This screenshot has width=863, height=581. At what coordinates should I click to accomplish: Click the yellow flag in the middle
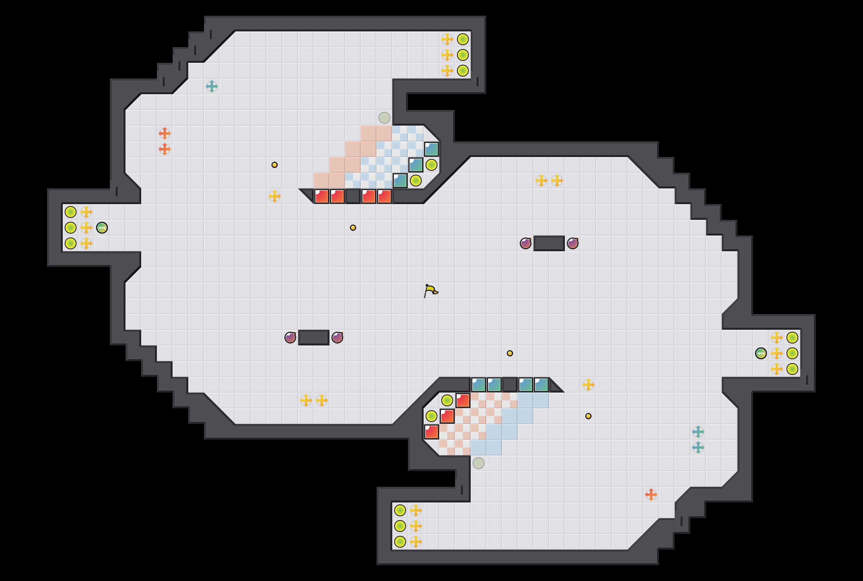coord(431,291)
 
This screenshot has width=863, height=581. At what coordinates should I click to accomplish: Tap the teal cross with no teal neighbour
coord(212,86)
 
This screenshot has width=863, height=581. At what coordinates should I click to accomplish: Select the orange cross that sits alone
coord(651,495)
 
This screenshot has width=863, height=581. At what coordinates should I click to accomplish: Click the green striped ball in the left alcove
coord(102,228)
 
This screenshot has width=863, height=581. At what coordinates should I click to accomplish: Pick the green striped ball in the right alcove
coord(761,353)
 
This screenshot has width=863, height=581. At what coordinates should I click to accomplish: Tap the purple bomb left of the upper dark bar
coord(526,243)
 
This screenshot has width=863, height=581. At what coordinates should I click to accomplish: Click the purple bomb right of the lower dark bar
coord(337,338)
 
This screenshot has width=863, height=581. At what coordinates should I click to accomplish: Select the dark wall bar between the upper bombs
coord(549,243)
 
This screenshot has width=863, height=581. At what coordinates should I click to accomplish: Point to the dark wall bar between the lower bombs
coord(314,338)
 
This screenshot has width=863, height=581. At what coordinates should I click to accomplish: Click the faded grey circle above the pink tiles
coord(384,118)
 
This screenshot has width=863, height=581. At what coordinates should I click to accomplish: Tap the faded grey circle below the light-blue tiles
coord(479,463)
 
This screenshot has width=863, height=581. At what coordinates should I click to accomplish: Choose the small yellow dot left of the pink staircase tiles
coord(275,165)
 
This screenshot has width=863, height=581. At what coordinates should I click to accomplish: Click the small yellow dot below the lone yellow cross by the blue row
coord(588,416)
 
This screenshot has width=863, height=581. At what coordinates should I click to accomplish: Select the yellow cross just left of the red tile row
coord(275,196)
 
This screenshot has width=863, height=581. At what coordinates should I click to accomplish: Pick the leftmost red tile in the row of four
coord(322,196)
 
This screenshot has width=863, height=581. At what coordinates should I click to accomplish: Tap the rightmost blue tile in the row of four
coord(541,385)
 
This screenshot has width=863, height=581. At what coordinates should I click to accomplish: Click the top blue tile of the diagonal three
coord(431,149)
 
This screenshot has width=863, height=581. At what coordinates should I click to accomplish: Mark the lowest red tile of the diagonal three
coord(431,432)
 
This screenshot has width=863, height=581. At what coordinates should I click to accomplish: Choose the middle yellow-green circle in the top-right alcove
coord(463,55)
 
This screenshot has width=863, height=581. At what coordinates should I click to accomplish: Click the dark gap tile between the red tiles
coord(353,196)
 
